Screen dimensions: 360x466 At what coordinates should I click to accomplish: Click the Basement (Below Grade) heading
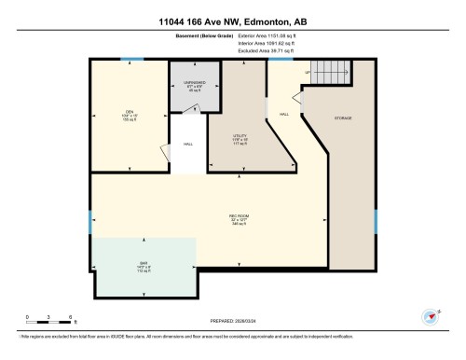click(203, 37)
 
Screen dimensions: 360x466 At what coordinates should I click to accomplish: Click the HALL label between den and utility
click(187, 145)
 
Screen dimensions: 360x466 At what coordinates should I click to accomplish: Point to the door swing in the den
click(165, 153)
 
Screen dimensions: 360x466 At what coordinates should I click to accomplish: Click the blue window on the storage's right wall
click(375, 221)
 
